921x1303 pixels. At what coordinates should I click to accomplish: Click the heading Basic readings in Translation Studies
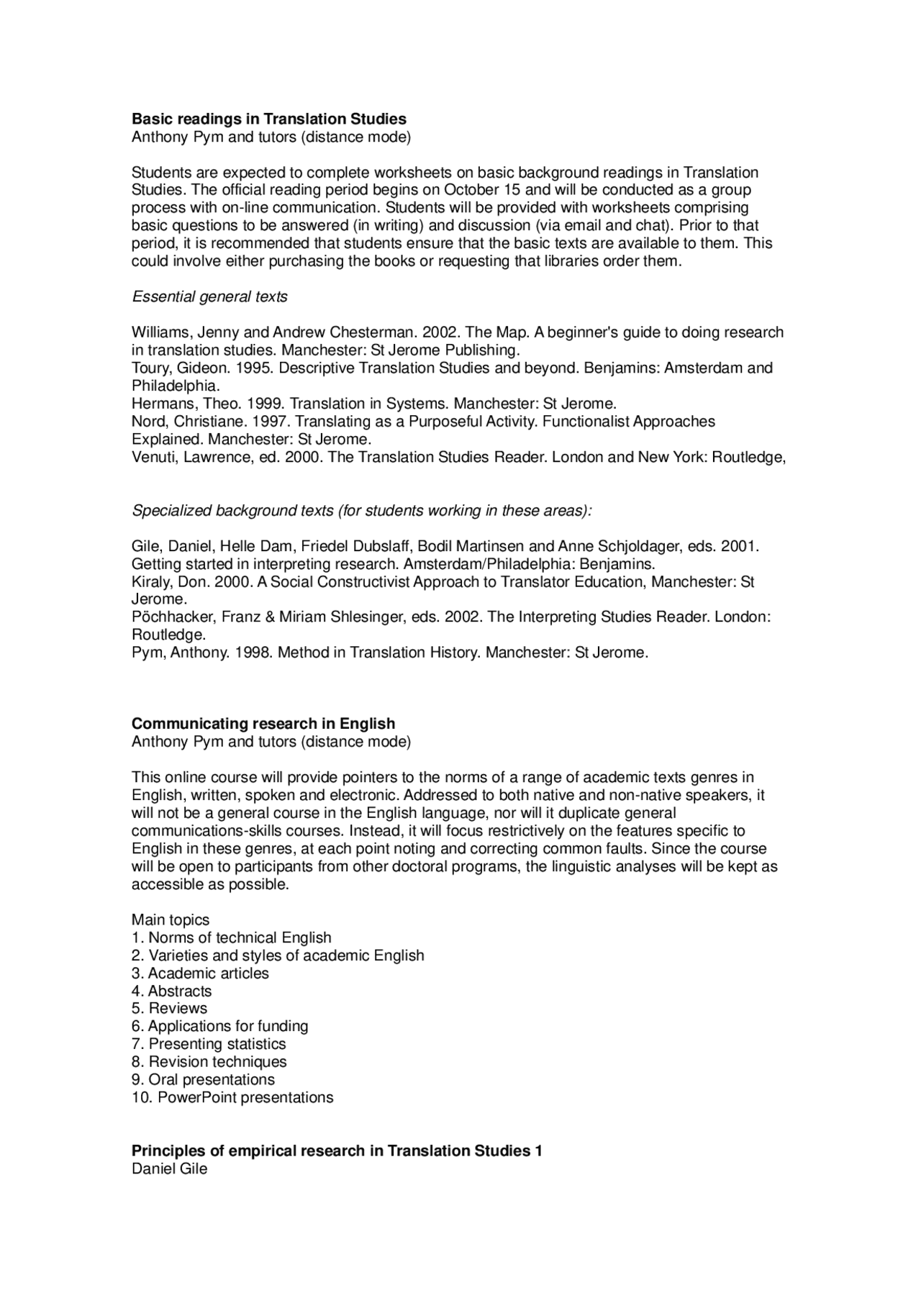(x=268, y=119)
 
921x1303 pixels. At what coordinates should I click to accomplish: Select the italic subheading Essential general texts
(x=209, y=297)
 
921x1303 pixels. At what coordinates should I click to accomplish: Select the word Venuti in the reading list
(x=153, y=457)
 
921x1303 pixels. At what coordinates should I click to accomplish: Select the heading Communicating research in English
(x=263, y=724)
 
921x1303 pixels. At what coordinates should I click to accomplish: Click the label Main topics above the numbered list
(x=170, y=920)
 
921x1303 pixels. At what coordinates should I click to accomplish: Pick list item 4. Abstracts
(x=171, y=991)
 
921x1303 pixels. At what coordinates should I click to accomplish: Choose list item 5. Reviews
(x=169, y=1009)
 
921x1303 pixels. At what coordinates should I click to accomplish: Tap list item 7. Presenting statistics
(x=209, y=1044)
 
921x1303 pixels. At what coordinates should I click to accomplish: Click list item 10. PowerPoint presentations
(x=232, y=1098)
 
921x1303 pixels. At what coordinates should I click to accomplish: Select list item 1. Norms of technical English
(x=231, y=938)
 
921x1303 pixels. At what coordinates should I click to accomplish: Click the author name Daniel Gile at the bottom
(x=169, y=1169)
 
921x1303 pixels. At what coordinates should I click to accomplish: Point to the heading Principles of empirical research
(x=337, y=1151)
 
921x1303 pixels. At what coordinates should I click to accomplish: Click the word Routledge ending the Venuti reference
(x=748, y=457)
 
